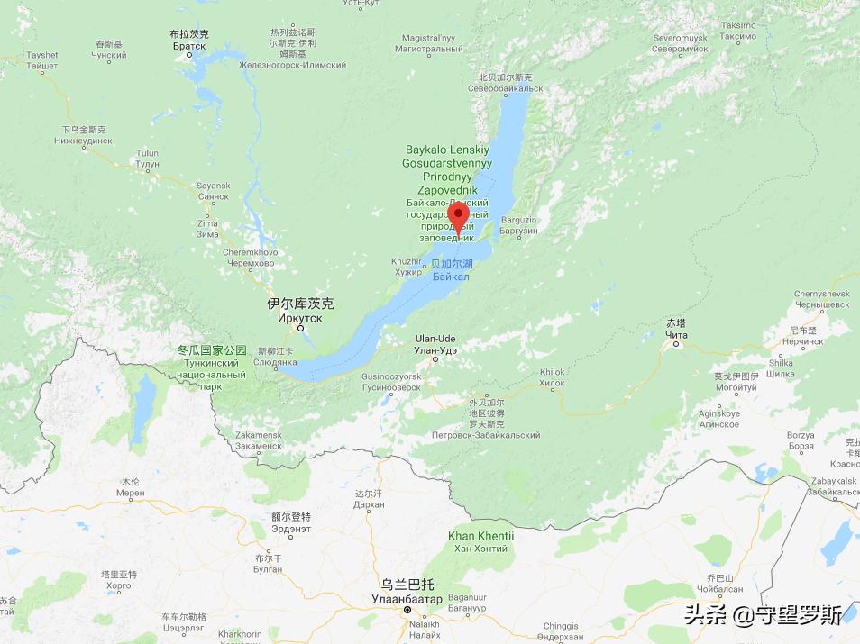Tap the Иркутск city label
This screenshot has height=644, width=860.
click(x=300, y=317)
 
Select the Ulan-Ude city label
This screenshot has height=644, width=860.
click(x=435, y=339)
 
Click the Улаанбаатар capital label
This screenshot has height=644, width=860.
click(x=407, y=599)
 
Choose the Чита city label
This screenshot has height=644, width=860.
click(x=675, y=334)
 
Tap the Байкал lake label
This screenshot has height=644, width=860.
click(x=450, y=277)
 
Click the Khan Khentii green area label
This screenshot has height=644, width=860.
click(x=481, y=537)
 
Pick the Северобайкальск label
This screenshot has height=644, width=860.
click(x=505, y=88)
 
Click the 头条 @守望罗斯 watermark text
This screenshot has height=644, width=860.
click(x=763, y=615)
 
